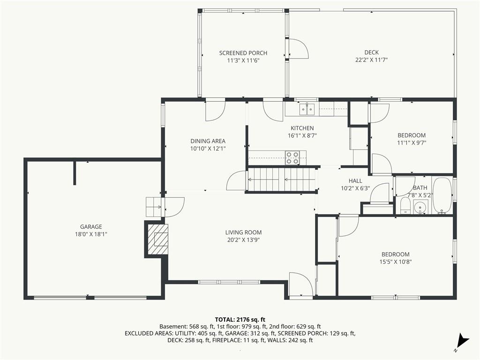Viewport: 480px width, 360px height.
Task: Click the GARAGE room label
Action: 91,227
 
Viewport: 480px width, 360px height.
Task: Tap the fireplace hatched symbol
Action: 158,239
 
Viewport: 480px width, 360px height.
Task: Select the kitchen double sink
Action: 307,109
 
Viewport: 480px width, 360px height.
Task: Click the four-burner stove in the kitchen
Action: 292,157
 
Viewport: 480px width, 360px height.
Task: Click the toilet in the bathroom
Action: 405,205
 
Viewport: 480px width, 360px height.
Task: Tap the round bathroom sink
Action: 421,207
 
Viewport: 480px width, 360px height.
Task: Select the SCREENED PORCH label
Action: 243,53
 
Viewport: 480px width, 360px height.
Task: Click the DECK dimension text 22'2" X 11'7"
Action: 371,60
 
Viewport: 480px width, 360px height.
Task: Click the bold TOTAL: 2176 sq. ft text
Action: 240,320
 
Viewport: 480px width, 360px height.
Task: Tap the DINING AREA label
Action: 208,141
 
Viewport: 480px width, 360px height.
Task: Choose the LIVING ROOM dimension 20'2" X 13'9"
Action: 243,240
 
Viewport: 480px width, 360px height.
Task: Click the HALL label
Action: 355,181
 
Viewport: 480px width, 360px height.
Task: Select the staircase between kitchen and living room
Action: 282,180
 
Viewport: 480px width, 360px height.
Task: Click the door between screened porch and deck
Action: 298,48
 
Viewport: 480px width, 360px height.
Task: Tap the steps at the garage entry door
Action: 153,207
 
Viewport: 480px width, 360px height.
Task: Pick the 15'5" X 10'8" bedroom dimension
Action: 395,262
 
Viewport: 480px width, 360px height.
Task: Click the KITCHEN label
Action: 302,128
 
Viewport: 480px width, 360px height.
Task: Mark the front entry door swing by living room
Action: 301,284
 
